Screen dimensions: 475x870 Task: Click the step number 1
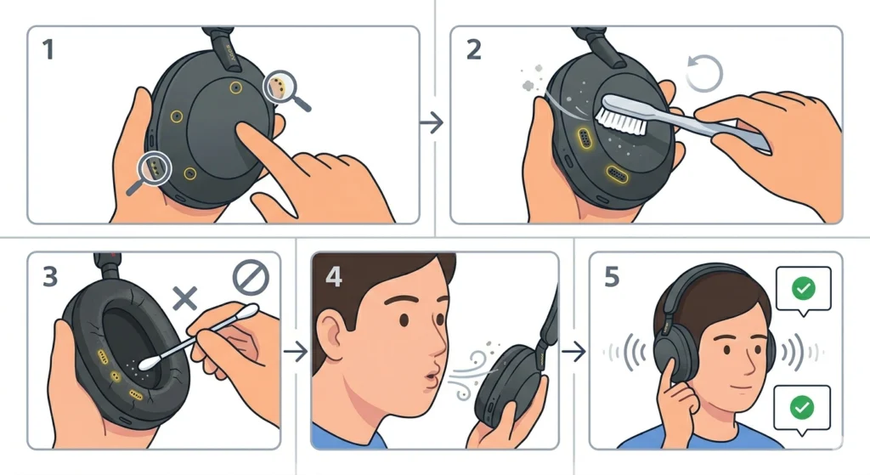[49, 50]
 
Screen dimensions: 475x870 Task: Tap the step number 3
[48, 277]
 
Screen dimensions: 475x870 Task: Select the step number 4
[333, 277]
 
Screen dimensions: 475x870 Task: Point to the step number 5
[612, 277]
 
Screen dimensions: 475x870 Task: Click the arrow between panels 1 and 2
[432, 123]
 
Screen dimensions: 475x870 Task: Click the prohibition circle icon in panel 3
[251, 276]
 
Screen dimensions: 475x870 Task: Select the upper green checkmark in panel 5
[801, 289]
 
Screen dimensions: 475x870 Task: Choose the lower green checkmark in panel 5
[801, 409]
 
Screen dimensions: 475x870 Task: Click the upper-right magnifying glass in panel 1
[279, 85]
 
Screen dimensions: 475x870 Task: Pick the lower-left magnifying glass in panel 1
[155, 169]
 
